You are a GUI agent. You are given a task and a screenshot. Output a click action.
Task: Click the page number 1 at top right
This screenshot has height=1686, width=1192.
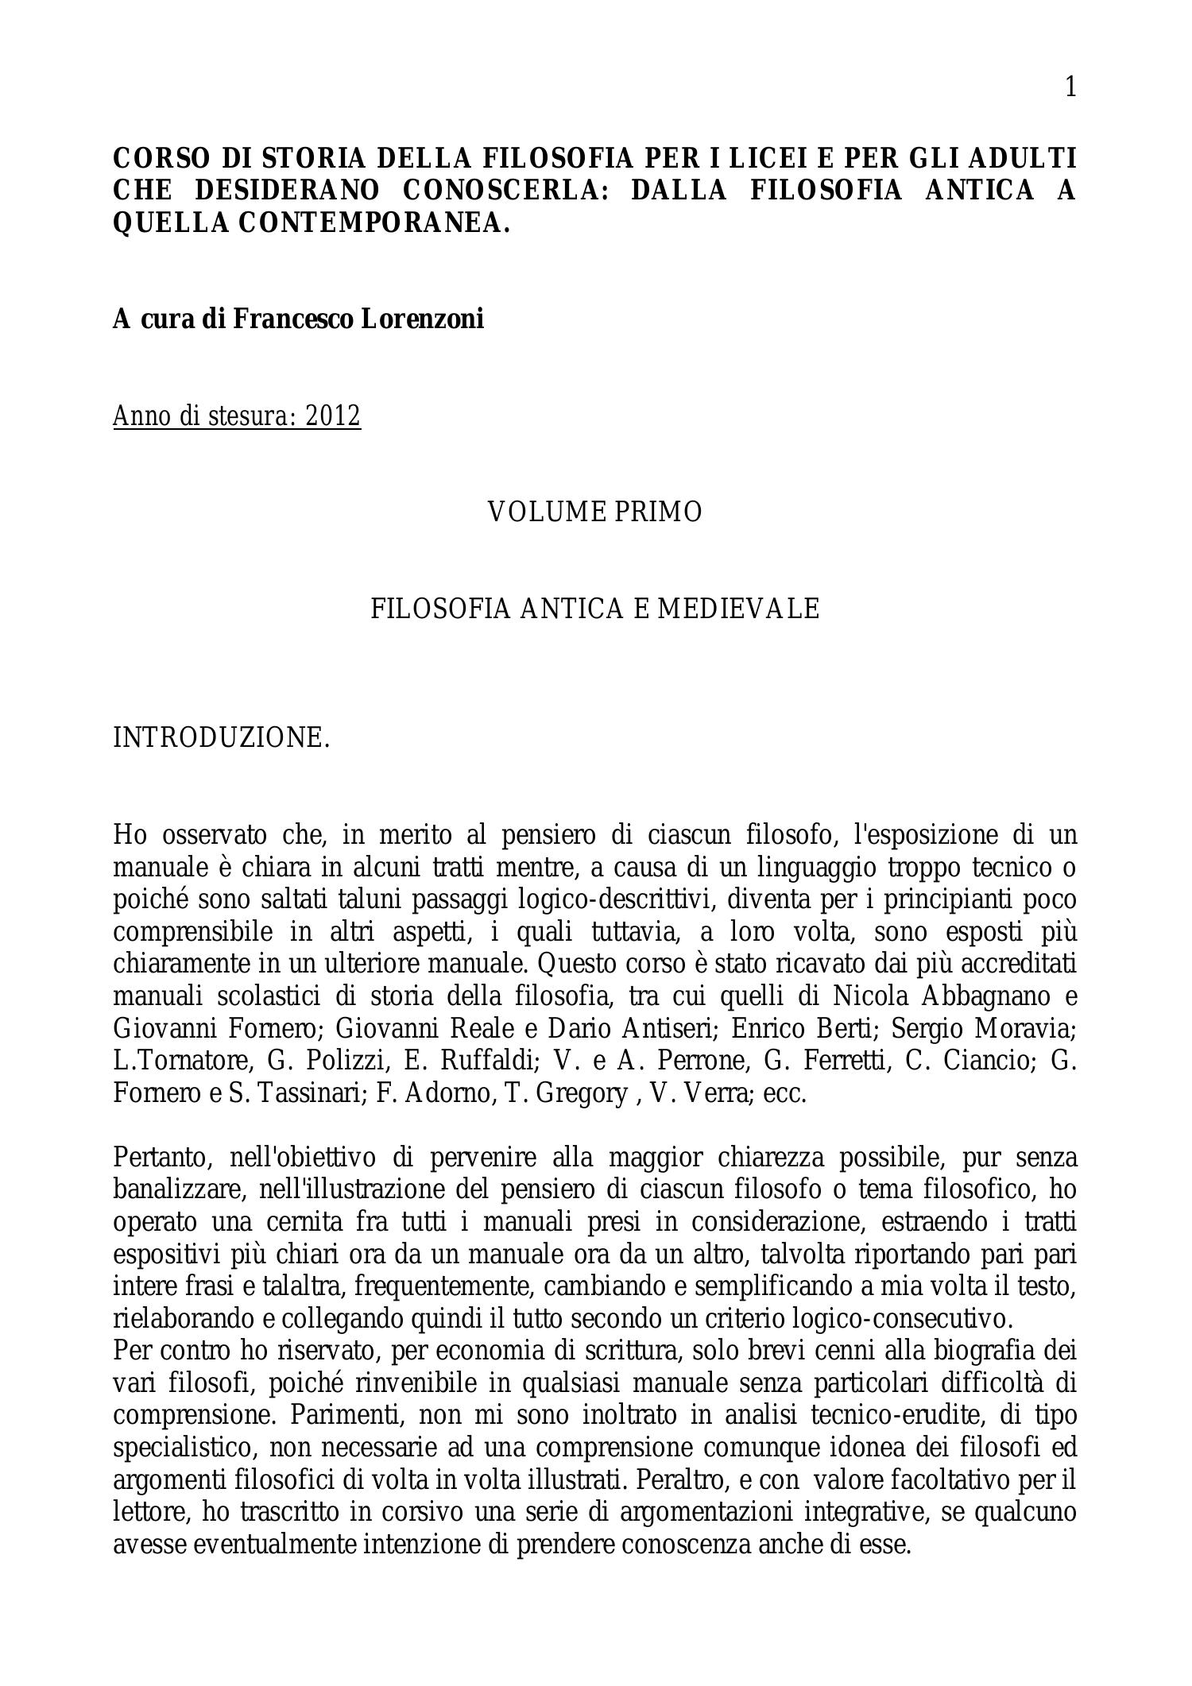1070,87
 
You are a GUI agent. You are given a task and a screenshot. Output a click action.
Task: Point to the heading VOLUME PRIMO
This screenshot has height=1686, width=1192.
594,512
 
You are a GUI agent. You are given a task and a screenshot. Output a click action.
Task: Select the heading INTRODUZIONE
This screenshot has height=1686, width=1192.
221,738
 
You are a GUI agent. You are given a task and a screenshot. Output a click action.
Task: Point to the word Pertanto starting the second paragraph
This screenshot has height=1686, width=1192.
163,1158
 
